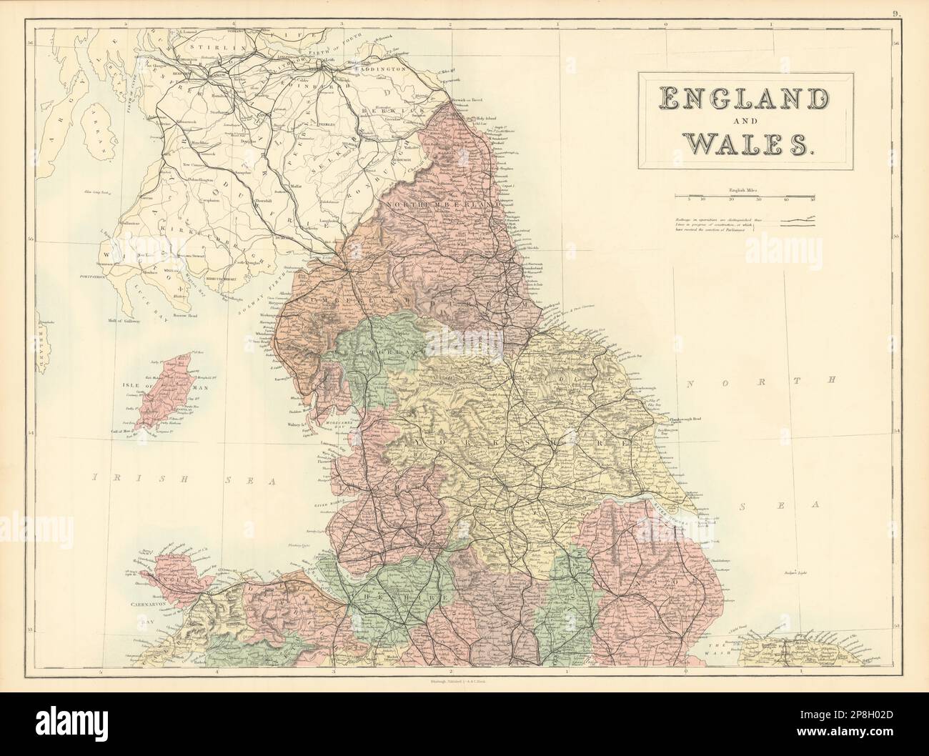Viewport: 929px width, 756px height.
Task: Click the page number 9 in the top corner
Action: pos(918,9)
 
